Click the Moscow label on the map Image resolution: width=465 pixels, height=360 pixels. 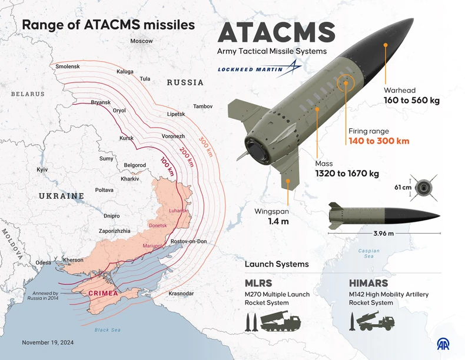(141, 41)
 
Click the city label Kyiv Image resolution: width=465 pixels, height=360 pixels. (42, 169)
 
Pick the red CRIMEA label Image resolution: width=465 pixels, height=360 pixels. (104, 292)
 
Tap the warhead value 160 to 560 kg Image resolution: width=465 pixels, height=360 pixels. (411, 101)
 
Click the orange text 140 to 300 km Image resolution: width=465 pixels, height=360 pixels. (378, 141)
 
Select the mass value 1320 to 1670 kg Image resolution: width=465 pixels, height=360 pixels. (346, 174)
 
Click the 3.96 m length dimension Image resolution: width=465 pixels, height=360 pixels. (383, 234)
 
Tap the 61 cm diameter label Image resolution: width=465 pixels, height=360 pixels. (403, 188)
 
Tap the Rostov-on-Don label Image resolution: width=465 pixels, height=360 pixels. (188, 242)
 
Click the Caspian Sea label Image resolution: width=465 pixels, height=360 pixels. (369, 254)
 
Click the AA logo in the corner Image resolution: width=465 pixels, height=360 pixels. (443, 343)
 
